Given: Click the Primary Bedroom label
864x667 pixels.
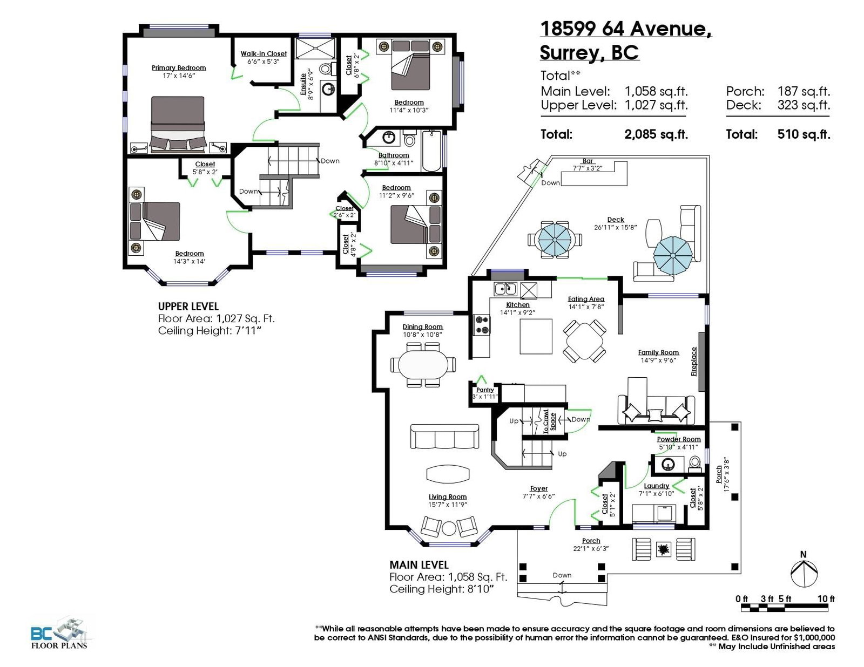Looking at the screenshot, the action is tap(179, 68).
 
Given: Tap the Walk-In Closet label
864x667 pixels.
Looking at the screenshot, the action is tap(264, 53).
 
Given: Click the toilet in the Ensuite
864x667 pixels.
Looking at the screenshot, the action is tap(326, 69).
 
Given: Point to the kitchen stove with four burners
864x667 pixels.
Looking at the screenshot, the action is tap(482, 324).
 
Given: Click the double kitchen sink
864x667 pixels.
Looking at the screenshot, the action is tap(505, 289).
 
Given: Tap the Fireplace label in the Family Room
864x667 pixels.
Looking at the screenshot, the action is tap(694, 362).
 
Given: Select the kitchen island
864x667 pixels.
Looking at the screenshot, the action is tap(536, 336).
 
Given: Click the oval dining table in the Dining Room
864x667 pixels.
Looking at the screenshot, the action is tap(423, 364).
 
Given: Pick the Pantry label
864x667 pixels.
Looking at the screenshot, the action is tap(485, 390).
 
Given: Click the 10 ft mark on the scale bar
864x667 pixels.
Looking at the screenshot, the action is tap(826, 598).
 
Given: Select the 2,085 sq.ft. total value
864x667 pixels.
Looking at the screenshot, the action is tap(656, 134).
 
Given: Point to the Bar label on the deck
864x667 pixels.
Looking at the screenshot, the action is tap(588, 161).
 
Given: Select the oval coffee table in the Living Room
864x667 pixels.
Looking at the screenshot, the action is tap(448, 473).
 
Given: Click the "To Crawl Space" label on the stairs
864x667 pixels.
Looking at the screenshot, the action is tap(549, 421).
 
